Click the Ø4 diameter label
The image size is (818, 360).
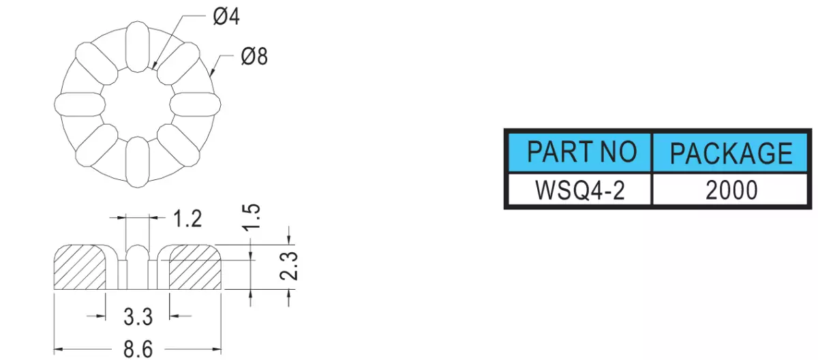pos(226,17)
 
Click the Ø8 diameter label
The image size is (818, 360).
pos(254,57)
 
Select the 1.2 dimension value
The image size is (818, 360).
pos(187,219)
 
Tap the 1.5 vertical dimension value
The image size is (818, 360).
pos(252,217)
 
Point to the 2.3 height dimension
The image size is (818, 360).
pos(289,266)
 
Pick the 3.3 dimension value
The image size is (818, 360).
pos(138,316)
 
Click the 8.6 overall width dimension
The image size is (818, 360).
pos(138,349)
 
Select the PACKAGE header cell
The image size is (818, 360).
pos(730,152)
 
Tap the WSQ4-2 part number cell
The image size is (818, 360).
pos(580,189)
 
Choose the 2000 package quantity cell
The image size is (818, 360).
pos(730,189)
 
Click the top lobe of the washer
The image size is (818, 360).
pos(138,46)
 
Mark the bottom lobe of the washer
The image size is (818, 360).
pos(138,162)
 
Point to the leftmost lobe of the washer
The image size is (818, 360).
pos(80,104)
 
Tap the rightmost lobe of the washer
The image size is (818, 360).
pos(196,104)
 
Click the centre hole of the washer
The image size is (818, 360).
pos(138,104)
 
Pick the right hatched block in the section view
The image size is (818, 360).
pos(195,267)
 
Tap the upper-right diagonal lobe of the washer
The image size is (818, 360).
pos(179,63)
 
